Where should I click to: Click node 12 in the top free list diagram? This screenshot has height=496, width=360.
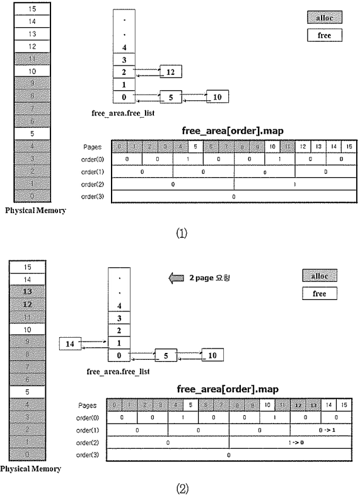click(x=171, y=72)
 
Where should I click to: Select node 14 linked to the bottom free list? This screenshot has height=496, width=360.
click(x=70, y=343)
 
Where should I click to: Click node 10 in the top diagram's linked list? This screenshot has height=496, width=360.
click(x=218, y=96)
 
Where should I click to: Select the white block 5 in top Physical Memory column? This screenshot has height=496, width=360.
click(x=26, y=134)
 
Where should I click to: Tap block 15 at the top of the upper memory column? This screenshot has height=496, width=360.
click(x=26, y=8)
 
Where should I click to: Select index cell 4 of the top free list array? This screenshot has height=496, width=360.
click(x=124, y=47)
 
